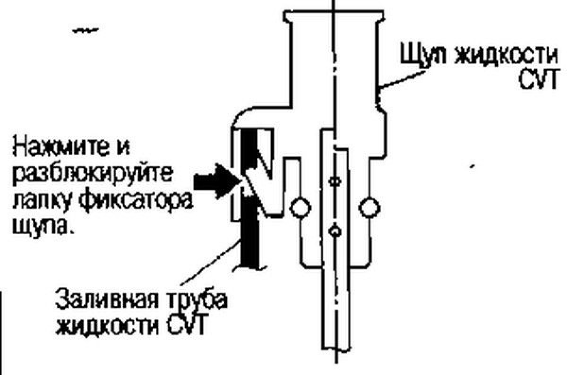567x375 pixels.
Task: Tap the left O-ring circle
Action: coord(299,206)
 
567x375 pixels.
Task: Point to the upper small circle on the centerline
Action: coord(335,180)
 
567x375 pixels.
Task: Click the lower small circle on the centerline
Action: coord(335,231)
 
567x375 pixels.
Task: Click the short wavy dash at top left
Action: coord(86,31)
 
